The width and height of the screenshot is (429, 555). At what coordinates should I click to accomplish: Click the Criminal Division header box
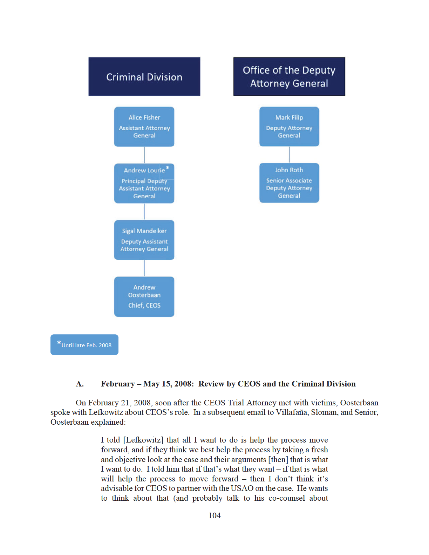point(144,76)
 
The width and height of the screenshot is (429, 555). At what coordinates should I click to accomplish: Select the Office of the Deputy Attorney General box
point(289,76)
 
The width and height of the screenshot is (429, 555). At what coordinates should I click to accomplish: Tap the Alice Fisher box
point(144,126)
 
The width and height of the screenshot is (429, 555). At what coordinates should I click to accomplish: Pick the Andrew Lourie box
point(144,183)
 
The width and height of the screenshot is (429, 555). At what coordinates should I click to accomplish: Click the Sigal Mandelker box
point(144,240)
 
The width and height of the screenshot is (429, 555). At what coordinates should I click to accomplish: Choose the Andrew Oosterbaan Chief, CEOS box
point(144,296)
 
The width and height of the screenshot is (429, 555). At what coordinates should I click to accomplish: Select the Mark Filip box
point(289,126)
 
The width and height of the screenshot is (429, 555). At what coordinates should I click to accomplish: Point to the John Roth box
point(289,183)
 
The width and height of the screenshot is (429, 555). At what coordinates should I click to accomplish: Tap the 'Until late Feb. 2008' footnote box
point(84,345)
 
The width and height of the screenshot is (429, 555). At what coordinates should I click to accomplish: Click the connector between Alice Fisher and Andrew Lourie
point(144,155)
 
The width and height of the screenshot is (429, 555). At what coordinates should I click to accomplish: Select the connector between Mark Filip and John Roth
point(289,155)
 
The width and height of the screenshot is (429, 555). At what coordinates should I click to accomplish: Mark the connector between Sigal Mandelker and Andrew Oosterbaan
point(144,268)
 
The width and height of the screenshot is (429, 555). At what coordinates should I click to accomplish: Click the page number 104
point(214,515)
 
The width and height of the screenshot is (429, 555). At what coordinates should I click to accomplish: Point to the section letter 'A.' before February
point(80,384)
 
